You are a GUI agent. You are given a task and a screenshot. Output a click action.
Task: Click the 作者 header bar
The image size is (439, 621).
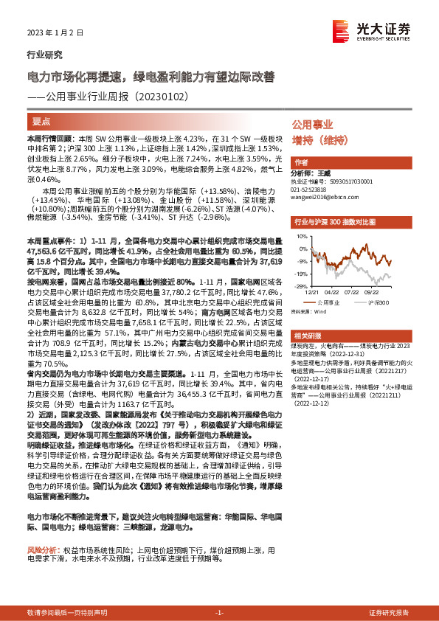click(301, 162)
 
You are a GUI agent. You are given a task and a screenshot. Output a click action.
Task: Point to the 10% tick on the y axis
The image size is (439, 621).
click(301, 237)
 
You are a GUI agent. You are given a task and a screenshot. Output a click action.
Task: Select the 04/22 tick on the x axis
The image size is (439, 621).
click(331, 291)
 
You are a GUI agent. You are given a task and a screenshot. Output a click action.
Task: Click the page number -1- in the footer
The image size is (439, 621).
click(218, 613)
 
